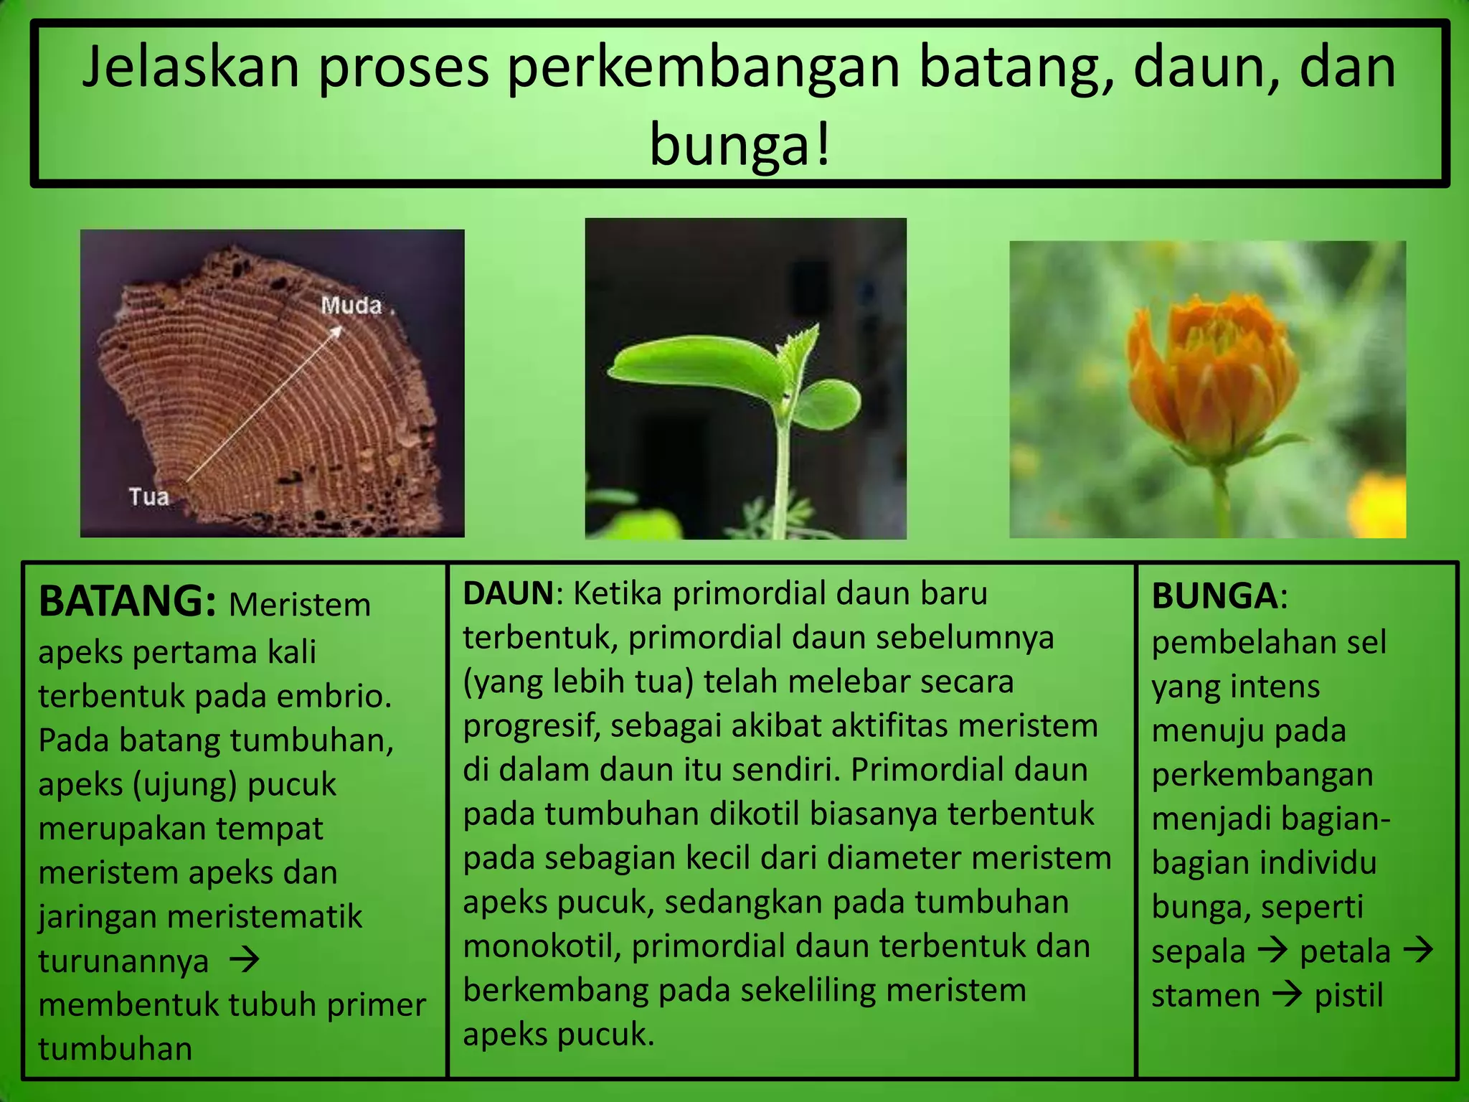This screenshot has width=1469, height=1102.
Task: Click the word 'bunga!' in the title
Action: pyautogui.click(x=740, y=144)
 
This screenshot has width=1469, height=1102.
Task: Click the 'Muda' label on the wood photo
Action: pyautogui.click(x=351, y=306)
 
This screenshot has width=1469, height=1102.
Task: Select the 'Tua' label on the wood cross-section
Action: pyautogui.click(x=148, y=496)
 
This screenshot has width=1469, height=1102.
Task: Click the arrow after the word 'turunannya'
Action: pyautogui.click(x=244, y=960)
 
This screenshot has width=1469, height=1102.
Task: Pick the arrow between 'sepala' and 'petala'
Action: pyautogui.click(x=1272, y=951)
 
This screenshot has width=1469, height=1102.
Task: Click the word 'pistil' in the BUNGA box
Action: pyautogui.click(x=1348, y=996)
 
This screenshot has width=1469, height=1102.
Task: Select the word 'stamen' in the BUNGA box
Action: pyautogui.click(x=1205, y=996)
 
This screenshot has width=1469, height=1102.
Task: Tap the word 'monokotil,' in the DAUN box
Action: pyautogui.click(x=542, y=946)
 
